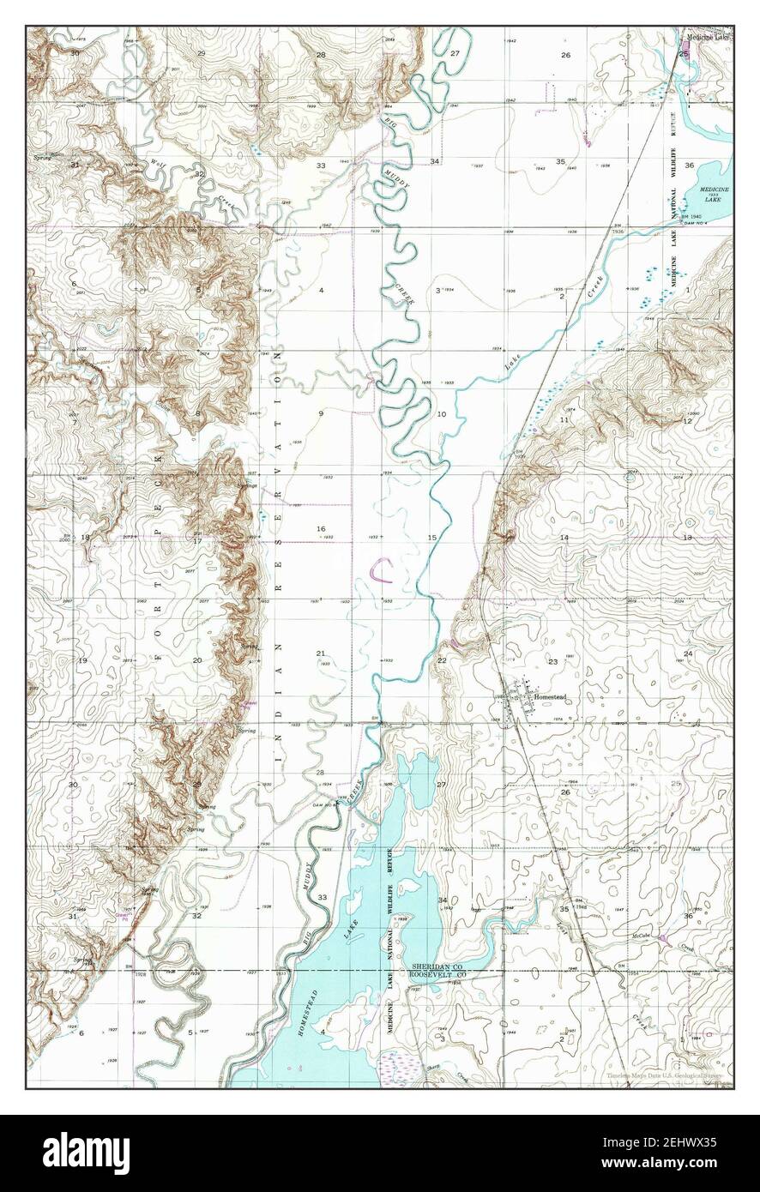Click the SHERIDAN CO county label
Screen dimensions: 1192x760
coord(437,965)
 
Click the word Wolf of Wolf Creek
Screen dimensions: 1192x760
coord(156,161)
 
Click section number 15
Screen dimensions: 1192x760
coord(432,537)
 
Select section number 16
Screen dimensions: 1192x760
coord(321,529)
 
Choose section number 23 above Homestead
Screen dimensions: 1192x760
coord(553,661)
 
